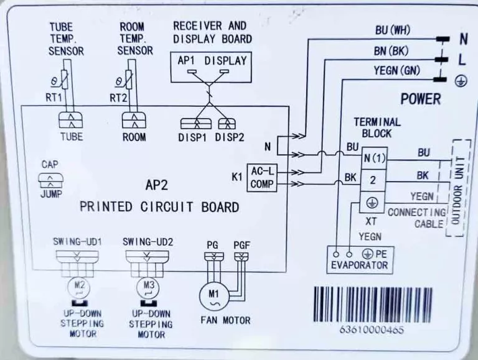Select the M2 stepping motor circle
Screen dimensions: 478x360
78,288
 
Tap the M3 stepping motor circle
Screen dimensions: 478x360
148,288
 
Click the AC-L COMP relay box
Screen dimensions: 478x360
262,178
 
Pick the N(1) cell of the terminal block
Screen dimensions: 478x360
374,159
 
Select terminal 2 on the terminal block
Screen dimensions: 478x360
373,180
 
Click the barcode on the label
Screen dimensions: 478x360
373,305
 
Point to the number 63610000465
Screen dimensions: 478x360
372,330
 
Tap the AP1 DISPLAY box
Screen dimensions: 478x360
211,67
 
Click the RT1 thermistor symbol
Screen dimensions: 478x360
65,80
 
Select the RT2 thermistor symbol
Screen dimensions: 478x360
129,80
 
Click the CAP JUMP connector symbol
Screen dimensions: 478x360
50,180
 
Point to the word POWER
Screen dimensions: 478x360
421,99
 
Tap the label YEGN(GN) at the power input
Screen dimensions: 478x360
397,71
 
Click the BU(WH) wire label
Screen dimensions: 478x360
393,30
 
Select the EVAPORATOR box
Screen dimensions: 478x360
360,260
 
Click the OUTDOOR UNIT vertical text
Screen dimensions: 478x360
458,190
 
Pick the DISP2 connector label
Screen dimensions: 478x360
230,137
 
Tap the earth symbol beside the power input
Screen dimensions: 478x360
461,81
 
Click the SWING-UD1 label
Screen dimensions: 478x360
77,242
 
